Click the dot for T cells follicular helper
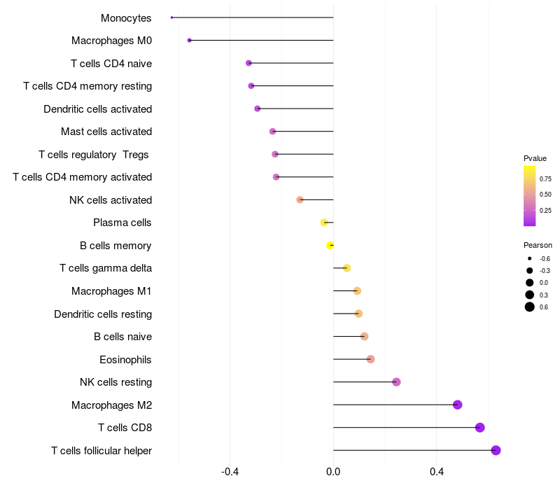coord(496,450)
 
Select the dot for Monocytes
coord(171,17)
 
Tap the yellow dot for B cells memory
coord(330,245)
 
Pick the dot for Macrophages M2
coord(457,405)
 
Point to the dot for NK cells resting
coord(396,381)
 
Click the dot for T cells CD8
coord(479,428)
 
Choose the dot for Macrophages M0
coord(189,41)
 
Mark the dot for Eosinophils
coord(370,359)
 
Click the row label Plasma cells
coord(122,223)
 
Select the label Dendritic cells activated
coord(97,108)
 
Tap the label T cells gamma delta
coord(106,268)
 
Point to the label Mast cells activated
coord(106,132)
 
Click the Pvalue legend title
coord(535,158)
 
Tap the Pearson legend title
coord(538,245)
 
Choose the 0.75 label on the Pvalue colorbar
coord(545,178)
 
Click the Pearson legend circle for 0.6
coord(530,307)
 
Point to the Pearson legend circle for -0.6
coord(530,259)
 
